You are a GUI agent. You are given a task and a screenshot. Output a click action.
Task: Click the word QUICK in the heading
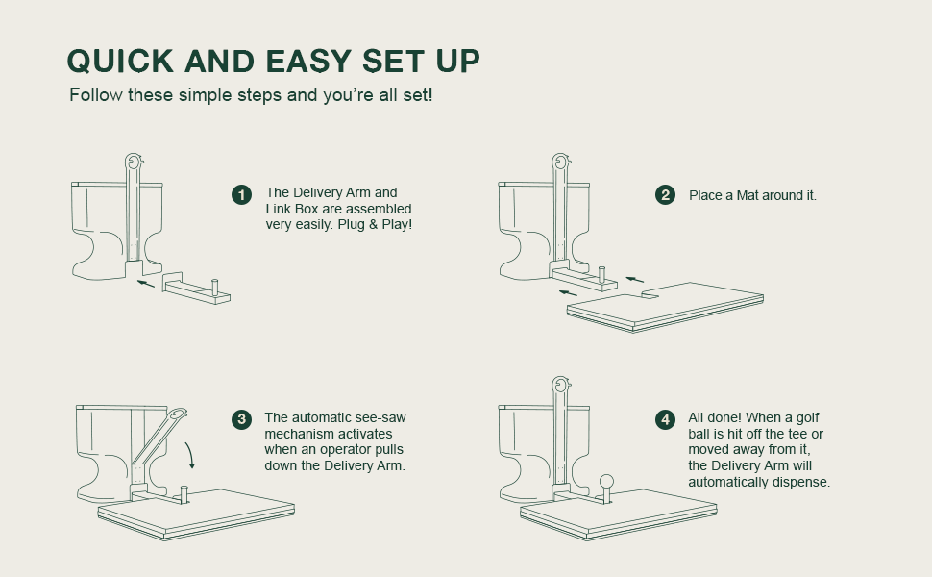click(x=120, y=62)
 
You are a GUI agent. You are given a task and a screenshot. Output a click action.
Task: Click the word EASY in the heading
click(x=307, y=62)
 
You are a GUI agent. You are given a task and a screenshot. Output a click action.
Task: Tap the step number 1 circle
click(x=241, y=195)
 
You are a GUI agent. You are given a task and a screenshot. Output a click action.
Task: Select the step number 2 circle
click(x=665, y=195)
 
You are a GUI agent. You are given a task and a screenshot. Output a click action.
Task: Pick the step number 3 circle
click(x=241, y=419)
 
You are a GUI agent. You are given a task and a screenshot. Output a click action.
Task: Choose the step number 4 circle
click(x=665, y=419)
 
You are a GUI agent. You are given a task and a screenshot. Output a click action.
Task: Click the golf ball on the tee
click(x=606, y=481)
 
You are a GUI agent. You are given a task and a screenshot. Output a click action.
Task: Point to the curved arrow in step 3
click(x=191, y=456)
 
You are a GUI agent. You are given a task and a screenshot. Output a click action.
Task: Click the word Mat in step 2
click(x=748, y=196)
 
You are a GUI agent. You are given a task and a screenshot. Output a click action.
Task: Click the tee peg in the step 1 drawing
click(x=215, y=287)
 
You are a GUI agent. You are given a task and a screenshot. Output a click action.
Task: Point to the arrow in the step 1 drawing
click(x=146, y=284)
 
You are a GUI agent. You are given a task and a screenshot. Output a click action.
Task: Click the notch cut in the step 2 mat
click(x=650, y=294)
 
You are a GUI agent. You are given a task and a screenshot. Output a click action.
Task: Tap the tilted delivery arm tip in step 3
click(x=179, y=413)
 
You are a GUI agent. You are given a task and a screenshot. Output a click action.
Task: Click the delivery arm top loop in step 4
click(x=560, y=386)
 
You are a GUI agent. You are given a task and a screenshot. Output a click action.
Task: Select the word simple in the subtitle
click(x=205, y=95)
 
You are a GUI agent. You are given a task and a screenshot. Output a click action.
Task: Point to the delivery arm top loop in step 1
click(x=134, y=162)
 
